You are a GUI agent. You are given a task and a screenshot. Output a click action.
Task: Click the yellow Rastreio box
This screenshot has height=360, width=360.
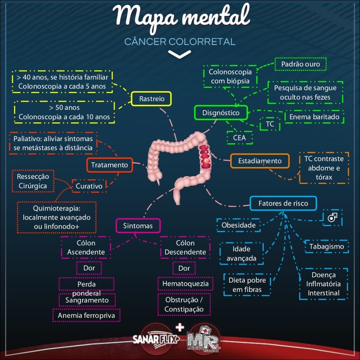[x=151, y=99]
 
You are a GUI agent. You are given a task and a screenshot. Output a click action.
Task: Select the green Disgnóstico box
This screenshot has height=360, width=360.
[x=221, y=113]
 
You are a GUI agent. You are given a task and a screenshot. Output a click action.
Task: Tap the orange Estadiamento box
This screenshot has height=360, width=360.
[x=260, y=161]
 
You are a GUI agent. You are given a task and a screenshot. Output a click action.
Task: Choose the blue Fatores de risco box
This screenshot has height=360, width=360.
[x=283, y=203]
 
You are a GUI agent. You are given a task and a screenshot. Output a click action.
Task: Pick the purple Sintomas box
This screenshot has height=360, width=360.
[x=138, y=226]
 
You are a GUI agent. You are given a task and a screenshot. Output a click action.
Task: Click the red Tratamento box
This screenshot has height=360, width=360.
[x=109, y=165]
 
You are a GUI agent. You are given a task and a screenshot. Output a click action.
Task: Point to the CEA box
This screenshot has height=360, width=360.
[x=239, y=138]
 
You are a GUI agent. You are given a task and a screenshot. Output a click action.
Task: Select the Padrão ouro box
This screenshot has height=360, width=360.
[x=300, y=64]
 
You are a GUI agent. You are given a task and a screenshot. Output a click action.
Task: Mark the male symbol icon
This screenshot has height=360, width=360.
[x=332, y=217]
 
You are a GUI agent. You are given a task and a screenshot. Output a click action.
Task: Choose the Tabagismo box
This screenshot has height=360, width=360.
[x=327, y=247]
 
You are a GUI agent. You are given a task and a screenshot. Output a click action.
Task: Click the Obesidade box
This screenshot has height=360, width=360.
[x=238, y=225]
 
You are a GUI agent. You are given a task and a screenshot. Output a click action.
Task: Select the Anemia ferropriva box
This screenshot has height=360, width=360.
[x=86, y=315]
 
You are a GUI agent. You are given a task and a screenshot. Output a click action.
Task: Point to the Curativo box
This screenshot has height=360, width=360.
[x=89, y=186]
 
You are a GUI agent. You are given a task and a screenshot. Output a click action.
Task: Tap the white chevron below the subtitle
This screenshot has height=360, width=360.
[x=180, y=54]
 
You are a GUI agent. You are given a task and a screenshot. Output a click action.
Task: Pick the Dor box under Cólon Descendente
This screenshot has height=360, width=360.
[x=184, y=268]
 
